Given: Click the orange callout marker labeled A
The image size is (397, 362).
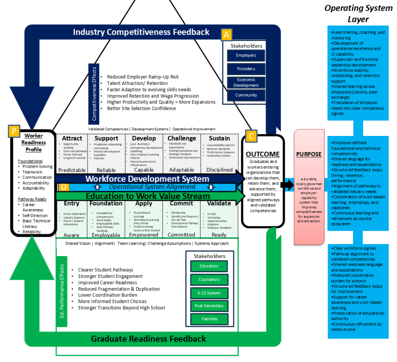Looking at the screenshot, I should tap(226, 35).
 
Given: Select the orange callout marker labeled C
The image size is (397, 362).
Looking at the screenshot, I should tap(251, 136).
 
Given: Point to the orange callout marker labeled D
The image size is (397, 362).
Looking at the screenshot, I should tap(64, 187).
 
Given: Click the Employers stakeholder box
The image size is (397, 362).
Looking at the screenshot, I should tap(246, 55).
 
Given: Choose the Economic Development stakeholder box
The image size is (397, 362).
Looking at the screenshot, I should tap(246, 82).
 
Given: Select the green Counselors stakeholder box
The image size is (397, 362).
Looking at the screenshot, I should tap(209, 280).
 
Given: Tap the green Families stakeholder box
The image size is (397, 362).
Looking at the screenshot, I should tap(209, 319).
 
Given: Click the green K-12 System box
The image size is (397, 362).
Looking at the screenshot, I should tap(209, 293).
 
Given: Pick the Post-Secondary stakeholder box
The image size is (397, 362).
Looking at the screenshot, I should tap(209, 306).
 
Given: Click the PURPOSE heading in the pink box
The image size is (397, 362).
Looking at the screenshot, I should tap(308, 154).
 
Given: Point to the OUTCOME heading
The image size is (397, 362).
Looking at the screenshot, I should tap(262, 154).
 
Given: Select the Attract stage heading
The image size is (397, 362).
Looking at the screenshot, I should tap(72, 138).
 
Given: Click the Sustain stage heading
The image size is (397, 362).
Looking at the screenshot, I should tap(219, 138).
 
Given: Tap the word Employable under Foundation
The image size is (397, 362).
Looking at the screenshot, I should tap(106, 235).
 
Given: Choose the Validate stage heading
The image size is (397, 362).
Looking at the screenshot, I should tap(219, 203).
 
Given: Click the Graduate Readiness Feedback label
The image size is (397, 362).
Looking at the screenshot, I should tap(148, 339).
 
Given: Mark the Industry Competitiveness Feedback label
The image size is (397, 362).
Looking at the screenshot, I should tap(141, 32).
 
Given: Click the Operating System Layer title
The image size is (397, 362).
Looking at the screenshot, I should tap(358, 13).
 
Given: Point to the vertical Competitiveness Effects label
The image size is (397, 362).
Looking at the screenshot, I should tap(94, 93).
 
